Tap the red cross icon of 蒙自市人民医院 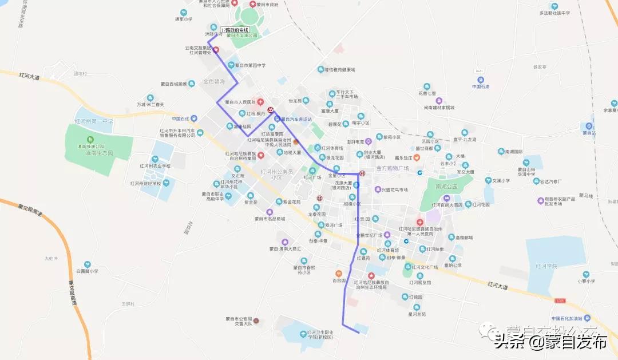[x=261, y=102]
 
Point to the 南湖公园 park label [x=446, y=187]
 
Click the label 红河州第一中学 [x=94, y=121]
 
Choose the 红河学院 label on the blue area [x=546, y=266]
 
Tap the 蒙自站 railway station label [x=589, y=133]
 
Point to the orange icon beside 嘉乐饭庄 [x=417, y=157]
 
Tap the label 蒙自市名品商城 [x=270, y=218]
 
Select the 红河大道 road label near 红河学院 [x=498, y=284]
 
